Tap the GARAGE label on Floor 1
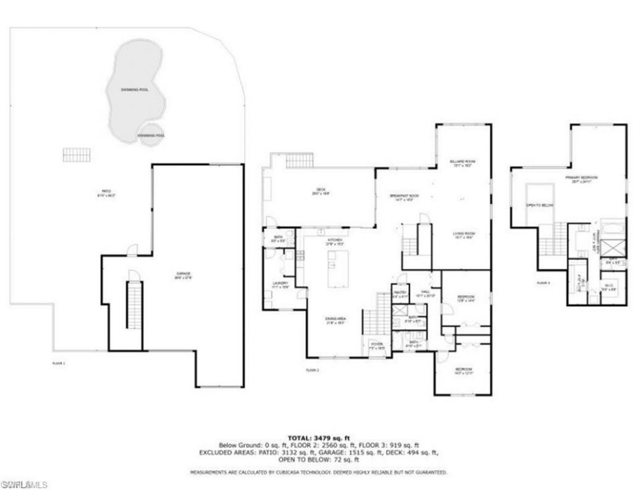pos(182,275)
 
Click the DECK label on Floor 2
pos(321,191)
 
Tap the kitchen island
pos(337,268)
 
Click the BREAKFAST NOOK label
pos(404,197)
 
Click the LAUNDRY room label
pos(281,285)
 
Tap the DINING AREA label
pos(336,320)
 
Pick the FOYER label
pos(376,345)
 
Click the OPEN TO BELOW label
pos(540,205)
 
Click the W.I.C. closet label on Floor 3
pos(608,287)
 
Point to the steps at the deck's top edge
pos(300,161)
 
